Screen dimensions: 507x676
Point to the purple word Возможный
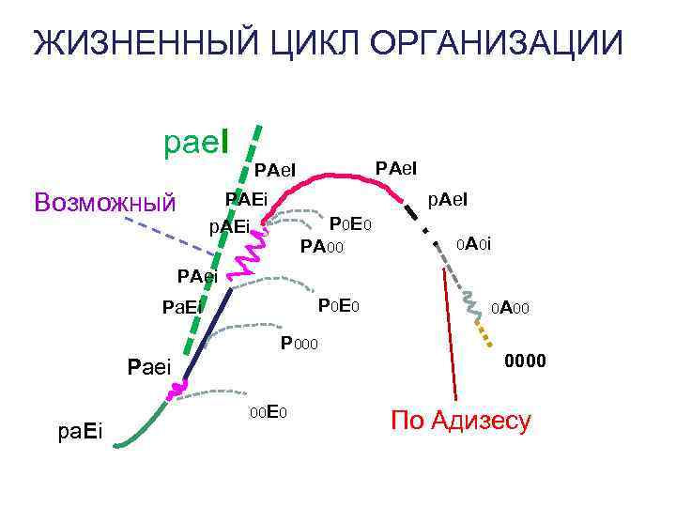tap(104, 201)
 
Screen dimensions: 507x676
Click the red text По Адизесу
tap(461, 420)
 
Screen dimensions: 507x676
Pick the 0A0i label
tap(473, 244)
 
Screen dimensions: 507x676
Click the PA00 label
tap(322, 248)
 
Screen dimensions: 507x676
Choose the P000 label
tap(300, 344)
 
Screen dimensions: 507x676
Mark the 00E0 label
tap(268, 412)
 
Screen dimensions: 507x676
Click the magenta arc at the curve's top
tap(329, 177)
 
